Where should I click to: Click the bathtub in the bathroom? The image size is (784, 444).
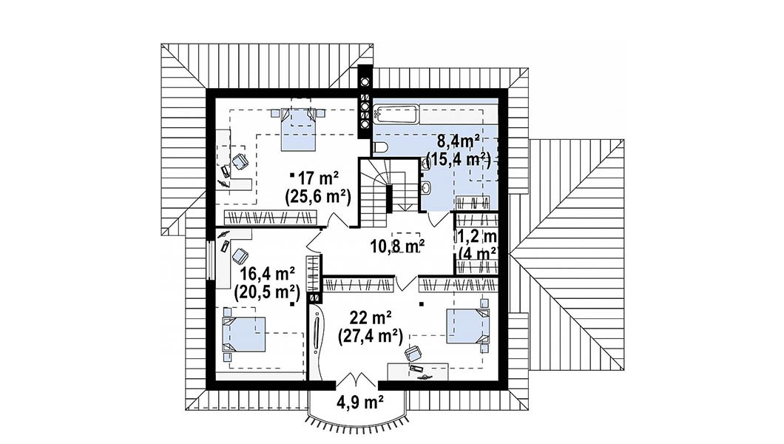click(395, 115)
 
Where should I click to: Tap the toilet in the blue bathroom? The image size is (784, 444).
click(379, 147)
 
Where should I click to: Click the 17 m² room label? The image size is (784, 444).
click(319, 178)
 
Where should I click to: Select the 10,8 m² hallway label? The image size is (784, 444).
click(397, 245)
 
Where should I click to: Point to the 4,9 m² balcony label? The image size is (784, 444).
click(359, 402)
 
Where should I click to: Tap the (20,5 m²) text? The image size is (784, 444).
click(266, 292)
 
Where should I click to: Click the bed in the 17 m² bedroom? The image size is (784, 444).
click(299, 129)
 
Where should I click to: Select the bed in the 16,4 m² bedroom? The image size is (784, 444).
click(245, 334)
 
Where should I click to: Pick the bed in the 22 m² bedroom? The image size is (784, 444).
click(468, 326)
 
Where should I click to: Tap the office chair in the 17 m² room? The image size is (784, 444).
click(240, 161)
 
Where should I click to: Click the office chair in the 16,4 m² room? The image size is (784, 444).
click(240, 257)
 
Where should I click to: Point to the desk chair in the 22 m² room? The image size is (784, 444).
click(413, 354)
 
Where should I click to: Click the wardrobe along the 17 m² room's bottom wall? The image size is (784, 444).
click(270, 218)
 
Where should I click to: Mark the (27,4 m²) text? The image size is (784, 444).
click(371, 337)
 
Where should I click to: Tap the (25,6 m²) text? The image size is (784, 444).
click(318, 197)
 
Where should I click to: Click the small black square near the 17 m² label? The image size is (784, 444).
click(292, 175)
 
